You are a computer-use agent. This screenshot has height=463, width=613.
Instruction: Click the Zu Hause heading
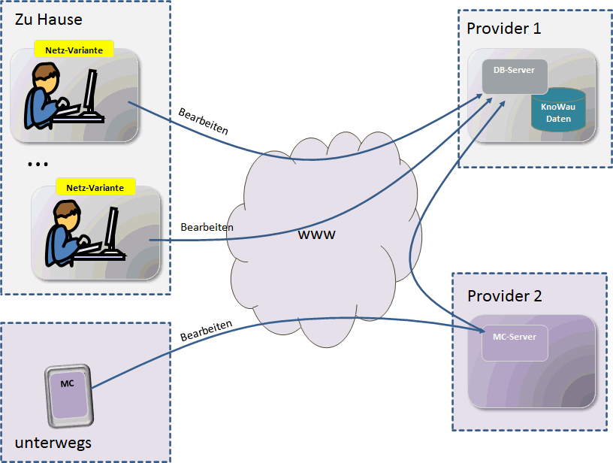48,20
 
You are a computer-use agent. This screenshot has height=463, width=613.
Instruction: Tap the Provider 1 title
503,29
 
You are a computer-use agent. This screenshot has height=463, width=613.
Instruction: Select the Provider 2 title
504,295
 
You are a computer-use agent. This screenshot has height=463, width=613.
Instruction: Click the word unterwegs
53,442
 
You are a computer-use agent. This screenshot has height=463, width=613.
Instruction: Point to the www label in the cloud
316,235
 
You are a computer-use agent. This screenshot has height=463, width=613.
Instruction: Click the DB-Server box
515,76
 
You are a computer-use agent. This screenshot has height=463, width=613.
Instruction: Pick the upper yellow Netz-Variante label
74,50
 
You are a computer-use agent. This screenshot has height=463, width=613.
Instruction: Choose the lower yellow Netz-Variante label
95,187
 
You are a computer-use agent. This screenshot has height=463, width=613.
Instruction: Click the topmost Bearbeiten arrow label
203,122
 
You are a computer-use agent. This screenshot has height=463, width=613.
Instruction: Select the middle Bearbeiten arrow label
207,227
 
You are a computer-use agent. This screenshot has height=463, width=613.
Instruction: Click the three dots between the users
37,164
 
